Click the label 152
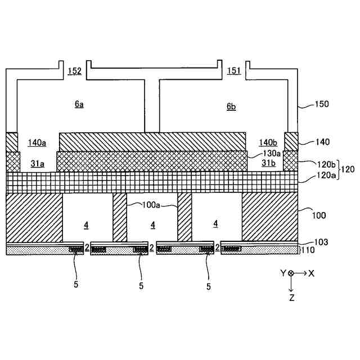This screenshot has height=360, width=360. (x=74, y=71)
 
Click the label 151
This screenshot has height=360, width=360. (x=234, y=71)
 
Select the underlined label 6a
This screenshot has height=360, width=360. (x=79, y=105)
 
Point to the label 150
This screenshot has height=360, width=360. (x=322, y=104)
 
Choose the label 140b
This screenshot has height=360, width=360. (x=268, y=142)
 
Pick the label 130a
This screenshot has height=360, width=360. (x=273, y=153)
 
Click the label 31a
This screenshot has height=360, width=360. (x=38, y=164)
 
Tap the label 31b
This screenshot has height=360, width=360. (x=268, y=163)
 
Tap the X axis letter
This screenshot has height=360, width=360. (x=311, y=273)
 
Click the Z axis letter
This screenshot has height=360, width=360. (x=291, y=298)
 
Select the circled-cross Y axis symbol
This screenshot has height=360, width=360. (x=291, y=273)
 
